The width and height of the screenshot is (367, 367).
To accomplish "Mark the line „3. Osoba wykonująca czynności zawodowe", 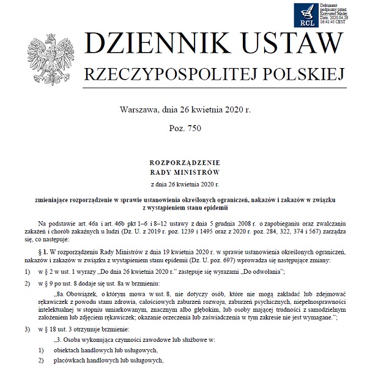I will tap(122, 339).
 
